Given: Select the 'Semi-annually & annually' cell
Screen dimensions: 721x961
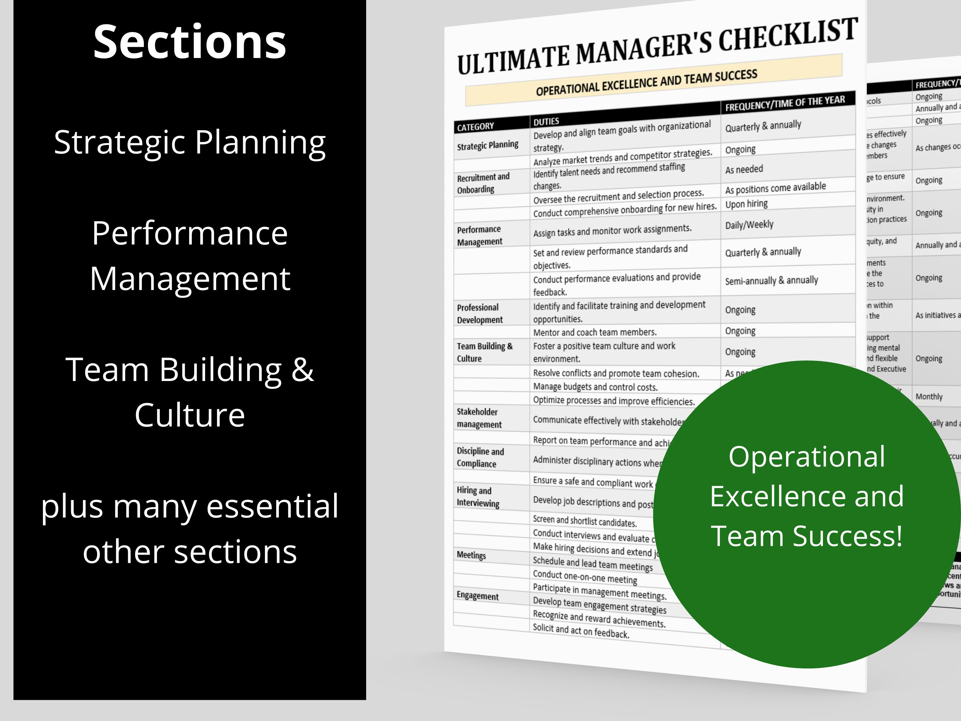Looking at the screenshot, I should point(771,280).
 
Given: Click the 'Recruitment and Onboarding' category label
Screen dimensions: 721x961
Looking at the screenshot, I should point(483,183).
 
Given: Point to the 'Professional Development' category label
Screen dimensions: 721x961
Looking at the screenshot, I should point(479,313).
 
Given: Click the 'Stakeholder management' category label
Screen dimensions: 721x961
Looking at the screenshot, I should point(479,418).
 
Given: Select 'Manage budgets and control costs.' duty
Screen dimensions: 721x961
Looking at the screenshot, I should point(595,386).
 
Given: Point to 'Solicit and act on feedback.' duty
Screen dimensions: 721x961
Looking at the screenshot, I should point(581,631).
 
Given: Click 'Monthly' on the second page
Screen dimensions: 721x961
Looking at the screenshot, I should point(929,396).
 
